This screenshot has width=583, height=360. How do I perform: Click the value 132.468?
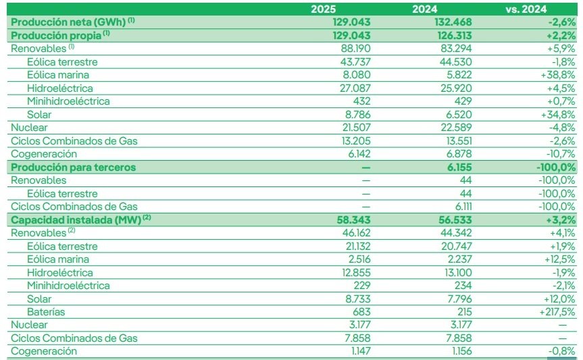click(452, 22)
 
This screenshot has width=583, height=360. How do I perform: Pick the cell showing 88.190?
click(354, 49)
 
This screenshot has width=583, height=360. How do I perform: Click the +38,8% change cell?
click(558, 75)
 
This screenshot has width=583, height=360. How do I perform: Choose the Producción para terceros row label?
click(73, 167)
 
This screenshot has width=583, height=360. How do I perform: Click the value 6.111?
click(459, 207)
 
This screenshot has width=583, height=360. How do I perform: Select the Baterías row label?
click(48, 311)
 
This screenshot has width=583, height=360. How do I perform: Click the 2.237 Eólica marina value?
click(456, 259)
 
